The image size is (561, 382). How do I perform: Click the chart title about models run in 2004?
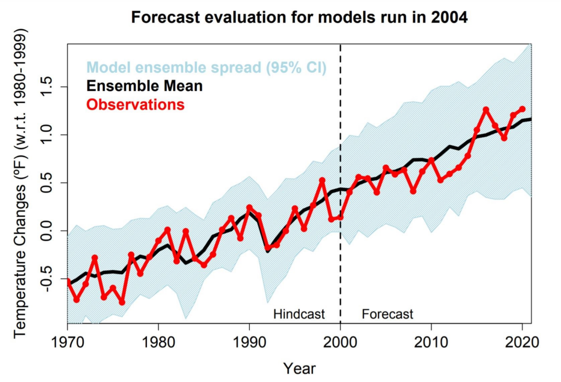299,18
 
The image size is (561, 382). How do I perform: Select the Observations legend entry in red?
136,105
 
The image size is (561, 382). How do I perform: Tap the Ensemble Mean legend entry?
145,86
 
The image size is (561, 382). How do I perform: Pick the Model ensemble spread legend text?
207,68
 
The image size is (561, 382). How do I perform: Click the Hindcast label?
299,314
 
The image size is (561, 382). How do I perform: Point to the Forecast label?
387,314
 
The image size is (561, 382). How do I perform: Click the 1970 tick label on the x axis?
68,343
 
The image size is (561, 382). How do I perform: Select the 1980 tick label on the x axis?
159,343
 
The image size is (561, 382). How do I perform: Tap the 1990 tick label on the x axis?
250,343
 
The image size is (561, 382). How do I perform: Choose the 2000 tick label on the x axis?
341,343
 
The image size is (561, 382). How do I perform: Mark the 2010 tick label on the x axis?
431,343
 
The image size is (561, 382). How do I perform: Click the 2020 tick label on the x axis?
522,343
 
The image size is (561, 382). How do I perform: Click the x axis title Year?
299,368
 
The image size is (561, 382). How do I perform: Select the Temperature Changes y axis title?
20,189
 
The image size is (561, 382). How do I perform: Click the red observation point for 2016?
486,109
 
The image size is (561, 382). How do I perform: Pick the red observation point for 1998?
322,181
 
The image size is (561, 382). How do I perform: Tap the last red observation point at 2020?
522,109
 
